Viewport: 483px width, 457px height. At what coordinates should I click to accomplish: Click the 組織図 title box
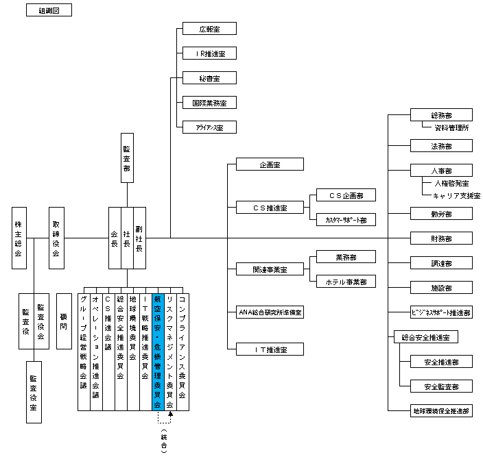click(x=48, y=11)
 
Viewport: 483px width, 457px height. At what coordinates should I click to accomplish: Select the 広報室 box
click(x=209, y=29)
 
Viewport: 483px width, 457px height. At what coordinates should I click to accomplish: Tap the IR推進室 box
click(x=209, y=53)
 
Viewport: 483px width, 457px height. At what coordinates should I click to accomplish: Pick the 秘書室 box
click(x=209, y=77)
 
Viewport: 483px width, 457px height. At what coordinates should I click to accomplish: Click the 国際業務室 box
click(x=209, y=102)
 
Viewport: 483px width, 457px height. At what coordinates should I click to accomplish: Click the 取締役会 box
click(x=56, y=238)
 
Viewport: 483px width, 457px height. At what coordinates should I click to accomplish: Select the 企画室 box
click(x=270, y=164)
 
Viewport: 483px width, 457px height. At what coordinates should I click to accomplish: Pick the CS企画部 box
click(x=345, y=195)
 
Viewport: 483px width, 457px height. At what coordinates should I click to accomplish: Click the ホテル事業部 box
click(x=345, y=282)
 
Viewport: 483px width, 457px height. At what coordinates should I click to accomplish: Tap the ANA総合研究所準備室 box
click(x=270, y=312)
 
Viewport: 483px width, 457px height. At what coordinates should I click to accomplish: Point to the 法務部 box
click(x=441, y=145)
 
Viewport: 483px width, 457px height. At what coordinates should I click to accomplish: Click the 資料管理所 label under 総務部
click(x=451, y=127)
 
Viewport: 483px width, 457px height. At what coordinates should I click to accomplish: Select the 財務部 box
click(x=441, y=238)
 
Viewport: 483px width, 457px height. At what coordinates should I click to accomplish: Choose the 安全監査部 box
click(x=441, y=386)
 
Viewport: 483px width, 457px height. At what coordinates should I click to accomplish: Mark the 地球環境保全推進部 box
click(x=441, y=411)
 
